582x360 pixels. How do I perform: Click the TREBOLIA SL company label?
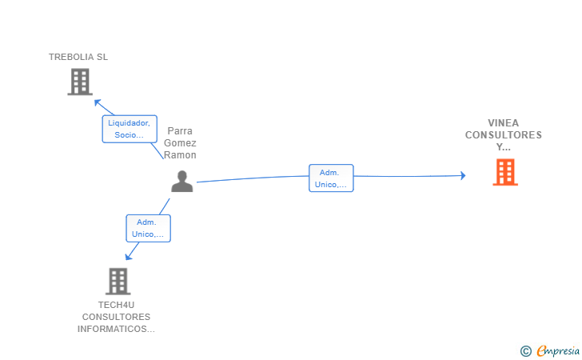pyautogui.click(x=78, y=57)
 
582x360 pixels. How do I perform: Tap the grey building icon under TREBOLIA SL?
pyautogui.click(x=80, y=82)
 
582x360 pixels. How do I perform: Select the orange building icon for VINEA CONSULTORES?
pyautogui.click(x=505, y=172)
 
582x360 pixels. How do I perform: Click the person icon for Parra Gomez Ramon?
pyautogui.click(x=182, y=182)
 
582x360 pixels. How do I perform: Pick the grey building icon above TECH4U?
pyautogui.click(x=118, y=282)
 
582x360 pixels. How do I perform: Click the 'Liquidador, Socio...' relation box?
pyautogui.click(x=130, y=129)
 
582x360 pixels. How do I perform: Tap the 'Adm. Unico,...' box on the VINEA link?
pyautogui.click(x=331, y=178)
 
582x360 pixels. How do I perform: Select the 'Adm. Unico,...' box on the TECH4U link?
pyautogui.click(x=148, y=228)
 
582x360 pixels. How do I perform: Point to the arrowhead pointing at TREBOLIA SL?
pyautogui.click(x=98, y=102)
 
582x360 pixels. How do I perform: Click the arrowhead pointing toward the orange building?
pyautogui.click(x=463, y=175)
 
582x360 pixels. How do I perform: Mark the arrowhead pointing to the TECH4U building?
pyautogui.click(x=129, y=256)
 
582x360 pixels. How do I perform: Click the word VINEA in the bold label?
pyautogui.click(x=504, y=123)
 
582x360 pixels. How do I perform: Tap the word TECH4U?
pyautogui.click(x=116, y=305)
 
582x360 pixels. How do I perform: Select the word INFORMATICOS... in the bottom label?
pyautogui.click(x=116, y=329)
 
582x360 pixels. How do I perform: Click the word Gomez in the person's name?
pyautogui.click(x=180, y=143)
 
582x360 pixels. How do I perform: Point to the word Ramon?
pyautogui.click(x=180, y=155)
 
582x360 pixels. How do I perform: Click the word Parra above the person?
pyautogui.click(x=180, y=130)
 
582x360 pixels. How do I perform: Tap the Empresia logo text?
pyautogui.click(x=558, y=350)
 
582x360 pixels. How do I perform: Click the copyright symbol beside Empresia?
pyautogui.click(x=526, y=351)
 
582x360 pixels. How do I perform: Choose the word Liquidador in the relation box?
pyautogui.click(x=129, y=123)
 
